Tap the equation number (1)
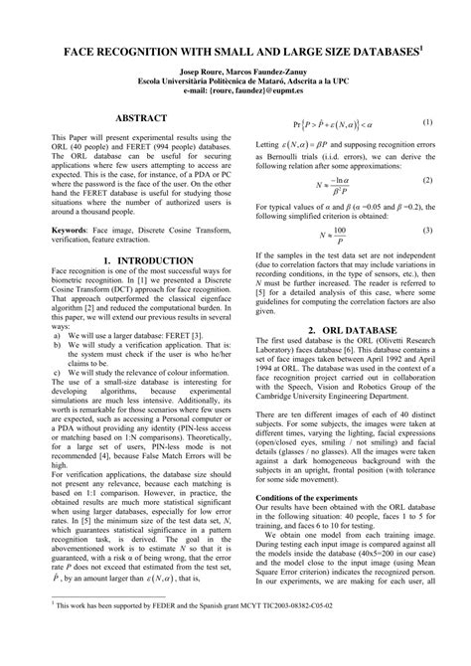coord(428,122)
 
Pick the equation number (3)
coord(428,230)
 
